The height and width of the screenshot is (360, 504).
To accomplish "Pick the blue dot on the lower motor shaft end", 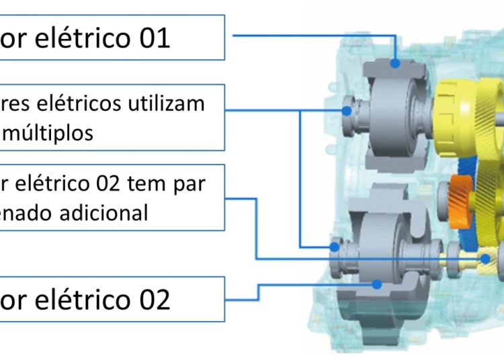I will pyautogui.click(x=334, y=247).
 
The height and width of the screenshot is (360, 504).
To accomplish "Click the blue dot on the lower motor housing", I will pyautogui.click(x=377, y=284).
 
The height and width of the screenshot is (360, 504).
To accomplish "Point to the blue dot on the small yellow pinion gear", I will pyautogui.click(x=484, y=258).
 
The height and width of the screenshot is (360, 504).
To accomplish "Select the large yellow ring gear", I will pyautogui.click(x=464, y=121).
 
